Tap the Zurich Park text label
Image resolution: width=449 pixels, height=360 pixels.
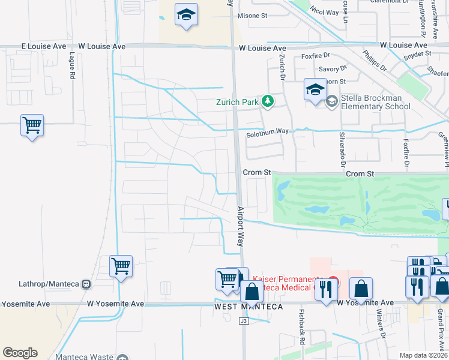(x=238, y=102)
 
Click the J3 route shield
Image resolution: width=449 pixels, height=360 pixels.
(x=243, y=322)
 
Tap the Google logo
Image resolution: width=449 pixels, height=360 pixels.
(x=20, y=353)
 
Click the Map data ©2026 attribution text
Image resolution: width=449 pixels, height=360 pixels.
(x=424, y=355)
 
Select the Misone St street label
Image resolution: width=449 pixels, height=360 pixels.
(x=252, y=16)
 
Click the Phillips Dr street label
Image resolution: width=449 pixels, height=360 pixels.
(x=375, y=60)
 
